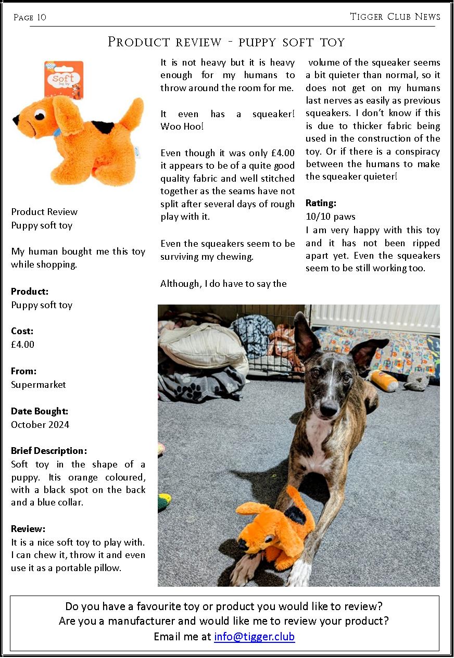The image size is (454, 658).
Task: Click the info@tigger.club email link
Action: pyautogui.click(x=254, y=637)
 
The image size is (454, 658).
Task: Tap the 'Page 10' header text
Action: pyautogui.click(x=30, y=18)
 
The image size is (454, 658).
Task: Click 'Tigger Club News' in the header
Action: pyautogui.click(x=395, y=17)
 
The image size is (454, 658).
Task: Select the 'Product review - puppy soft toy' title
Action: pyautogui.click(x=226, y=42)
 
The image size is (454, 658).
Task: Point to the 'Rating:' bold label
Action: pyautogui.click(x=321, y=203)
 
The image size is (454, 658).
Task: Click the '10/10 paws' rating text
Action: pyautogui.click(x=331, y=217)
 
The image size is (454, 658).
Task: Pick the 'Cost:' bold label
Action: pyautogui.click(x=22, y=331)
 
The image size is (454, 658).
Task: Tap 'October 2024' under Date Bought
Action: pyautogui.click(x=40, y=425)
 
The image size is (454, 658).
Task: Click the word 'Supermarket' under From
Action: pyautogui.click(x=39, y=385)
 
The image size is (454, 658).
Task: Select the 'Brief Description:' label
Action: pyautogui.click(x=49, y=451)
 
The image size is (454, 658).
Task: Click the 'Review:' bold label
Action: pyautogui.click(x=28, y=529)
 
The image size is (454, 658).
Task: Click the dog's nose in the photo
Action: pyautogui.click(x=329, y=410)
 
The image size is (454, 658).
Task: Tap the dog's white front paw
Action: pyautogui.click(x=301, y=576)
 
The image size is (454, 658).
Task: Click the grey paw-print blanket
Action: pyautogui.click(x=200, y=382)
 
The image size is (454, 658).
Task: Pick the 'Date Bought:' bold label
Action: pyautogui.click(x=40, y=411)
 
